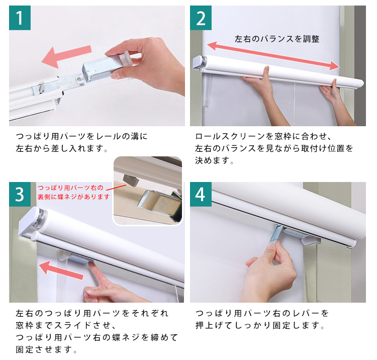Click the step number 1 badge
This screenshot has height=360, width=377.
point(20,18)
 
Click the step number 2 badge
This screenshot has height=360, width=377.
point(201,18)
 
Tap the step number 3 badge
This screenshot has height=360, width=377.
point(20,194)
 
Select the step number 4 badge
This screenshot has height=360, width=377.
point(201,194)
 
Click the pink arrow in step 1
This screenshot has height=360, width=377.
point(66,57)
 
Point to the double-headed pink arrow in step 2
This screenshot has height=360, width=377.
point(273,56)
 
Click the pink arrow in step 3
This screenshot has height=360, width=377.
point(61,271)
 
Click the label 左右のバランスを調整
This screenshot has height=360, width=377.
point(277,39)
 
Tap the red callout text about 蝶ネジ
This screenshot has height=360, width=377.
point(73,193)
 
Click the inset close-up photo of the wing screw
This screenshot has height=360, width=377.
point(148,191)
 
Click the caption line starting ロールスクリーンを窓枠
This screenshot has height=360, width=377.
point(263,136)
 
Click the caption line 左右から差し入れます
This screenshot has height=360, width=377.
point(62,148)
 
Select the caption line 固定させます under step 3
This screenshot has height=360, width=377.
point(46,349)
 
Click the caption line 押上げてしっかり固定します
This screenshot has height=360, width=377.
point(260,325)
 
